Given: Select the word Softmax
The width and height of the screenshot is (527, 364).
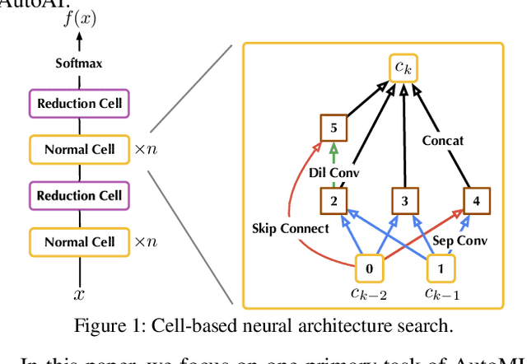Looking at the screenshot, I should coord(80,63).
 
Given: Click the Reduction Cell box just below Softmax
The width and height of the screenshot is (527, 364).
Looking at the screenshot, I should coord(80,103).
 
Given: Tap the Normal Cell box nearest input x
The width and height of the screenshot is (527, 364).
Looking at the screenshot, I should coord(80,241).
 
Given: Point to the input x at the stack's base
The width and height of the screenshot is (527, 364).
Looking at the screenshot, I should coord(80,294).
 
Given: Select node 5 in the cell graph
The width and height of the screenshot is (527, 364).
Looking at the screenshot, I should coord(333,128).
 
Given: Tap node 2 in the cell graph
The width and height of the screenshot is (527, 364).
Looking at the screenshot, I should coord(333,200).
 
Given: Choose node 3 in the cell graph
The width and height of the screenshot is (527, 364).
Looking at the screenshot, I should coord(403,200).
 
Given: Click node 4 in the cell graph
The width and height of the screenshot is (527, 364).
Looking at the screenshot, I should coord(475,200).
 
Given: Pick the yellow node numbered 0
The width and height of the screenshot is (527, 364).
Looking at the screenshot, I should coord(369,268).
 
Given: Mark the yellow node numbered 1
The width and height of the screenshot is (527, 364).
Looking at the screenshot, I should coord(439,268).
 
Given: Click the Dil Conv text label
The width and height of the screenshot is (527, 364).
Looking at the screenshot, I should coord(333,173).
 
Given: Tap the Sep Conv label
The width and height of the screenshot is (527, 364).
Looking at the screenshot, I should coord(460,240).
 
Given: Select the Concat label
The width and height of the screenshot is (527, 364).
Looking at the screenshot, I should coord(442,140).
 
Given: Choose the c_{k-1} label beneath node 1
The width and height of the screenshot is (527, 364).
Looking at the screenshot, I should coord(442,294).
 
